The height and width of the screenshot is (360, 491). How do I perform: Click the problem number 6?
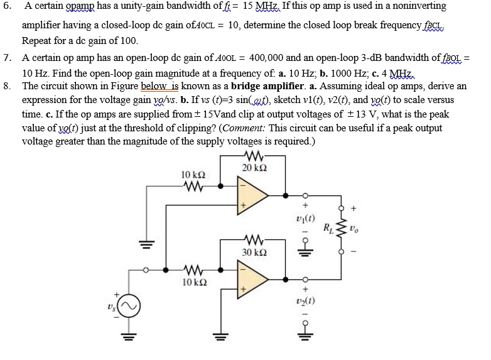tap(7, 6)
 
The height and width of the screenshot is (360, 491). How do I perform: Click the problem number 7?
tap(7, 57)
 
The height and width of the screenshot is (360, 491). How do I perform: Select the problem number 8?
tap(7, 85)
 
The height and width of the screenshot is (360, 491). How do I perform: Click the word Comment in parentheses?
tap(242, 128)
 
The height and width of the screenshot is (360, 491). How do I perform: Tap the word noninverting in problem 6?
tap(417, 6)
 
